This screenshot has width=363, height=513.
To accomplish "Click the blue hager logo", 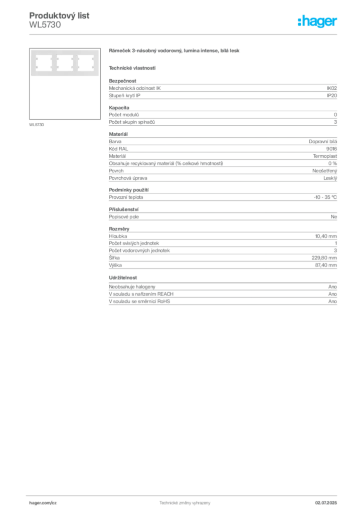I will [318, 22].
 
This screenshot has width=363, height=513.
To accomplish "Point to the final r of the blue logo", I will [336, 23].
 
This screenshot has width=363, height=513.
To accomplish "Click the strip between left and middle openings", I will [54, 63].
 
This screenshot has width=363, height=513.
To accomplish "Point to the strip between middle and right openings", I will [74, 63].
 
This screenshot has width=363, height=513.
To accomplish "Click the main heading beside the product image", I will [174, 52].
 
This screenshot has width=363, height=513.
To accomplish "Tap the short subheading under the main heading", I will [132, 68].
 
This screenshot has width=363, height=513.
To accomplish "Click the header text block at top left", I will [60, 20].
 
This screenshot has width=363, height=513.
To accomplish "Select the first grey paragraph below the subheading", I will [222, 91].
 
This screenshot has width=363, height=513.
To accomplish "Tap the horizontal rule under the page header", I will [185, 34].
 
